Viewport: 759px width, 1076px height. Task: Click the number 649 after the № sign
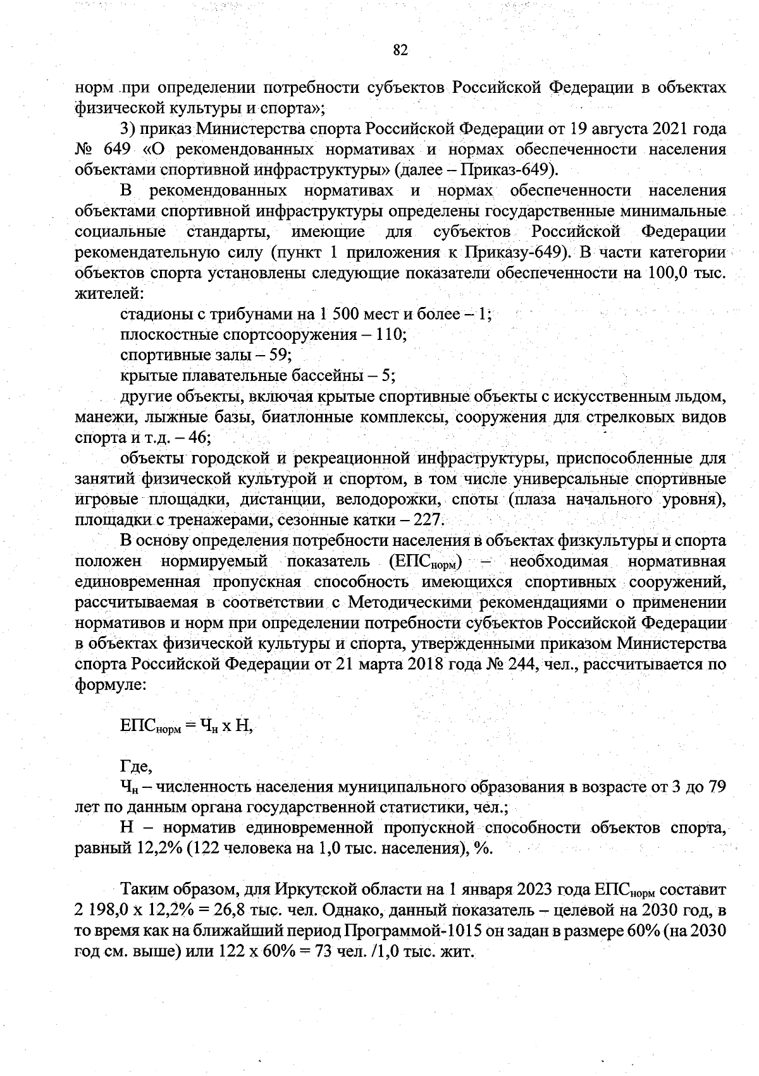pos(114,150)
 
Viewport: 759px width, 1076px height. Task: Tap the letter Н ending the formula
pos(242,726)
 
